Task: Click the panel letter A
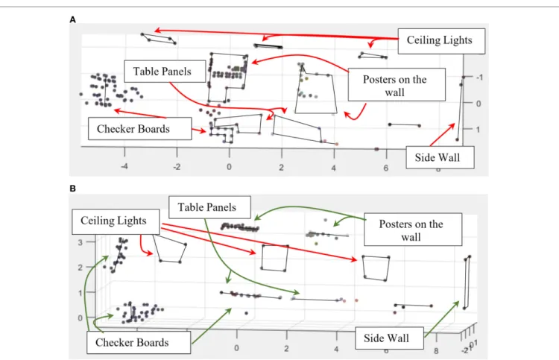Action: click(73, 20)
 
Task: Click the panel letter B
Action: click(73, 189)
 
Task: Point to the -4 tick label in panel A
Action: click(124, 166)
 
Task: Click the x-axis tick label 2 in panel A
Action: click(281, 167)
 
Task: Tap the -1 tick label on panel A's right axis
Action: click(479, 78)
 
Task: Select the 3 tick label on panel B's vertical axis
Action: click(80, 242)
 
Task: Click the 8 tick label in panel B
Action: click(436, 351)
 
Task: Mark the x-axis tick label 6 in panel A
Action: click(386, 168)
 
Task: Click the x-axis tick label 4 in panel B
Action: click(336, 349)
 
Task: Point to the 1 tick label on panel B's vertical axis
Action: click(80, 293)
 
